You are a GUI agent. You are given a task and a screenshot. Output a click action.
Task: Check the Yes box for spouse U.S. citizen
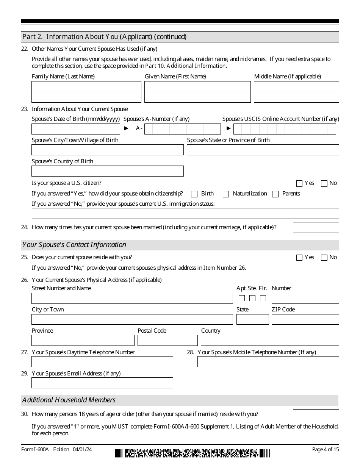tap(299, 183)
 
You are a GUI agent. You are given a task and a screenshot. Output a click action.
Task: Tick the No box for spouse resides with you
tap(324, 258)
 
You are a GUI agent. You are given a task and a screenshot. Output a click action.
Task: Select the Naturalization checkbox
tap(226, 194)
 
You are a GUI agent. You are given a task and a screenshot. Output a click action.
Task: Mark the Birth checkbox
tap(194, 194)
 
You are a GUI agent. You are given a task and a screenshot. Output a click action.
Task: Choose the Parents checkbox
tap(275, 194)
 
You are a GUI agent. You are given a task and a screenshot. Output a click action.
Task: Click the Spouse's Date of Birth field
tap(76, 129)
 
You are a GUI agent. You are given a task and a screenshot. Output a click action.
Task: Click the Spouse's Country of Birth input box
tap(108, 171)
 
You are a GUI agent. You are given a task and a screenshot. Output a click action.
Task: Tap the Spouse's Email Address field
tap(102, 383)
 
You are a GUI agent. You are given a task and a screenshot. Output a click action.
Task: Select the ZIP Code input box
tap(305, 319)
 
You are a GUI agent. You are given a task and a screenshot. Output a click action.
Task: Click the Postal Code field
tap(167, 341)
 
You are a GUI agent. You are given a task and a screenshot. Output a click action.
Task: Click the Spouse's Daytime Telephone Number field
tap(102, 362)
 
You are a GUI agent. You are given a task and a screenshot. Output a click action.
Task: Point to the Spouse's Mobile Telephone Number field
tap(268, 362)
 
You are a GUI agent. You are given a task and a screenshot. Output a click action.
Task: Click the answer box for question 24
tap(316, 227)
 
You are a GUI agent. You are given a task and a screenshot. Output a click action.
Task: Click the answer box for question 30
tap(316, 414)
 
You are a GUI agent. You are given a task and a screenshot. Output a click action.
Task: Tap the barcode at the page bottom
tap(193, 453)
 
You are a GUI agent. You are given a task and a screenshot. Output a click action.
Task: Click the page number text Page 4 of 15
tap(325, 449)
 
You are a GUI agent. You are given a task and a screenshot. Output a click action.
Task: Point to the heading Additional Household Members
tap(69, 400)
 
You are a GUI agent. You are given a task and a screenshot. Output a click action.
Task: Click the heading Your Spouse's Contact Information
tap(74, 245)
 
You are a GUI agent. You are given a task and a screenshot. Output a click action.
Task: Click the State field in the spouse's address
tap(252, 319)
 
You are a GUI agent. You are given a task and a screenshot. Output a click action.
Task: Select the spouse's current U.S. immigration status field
tap(185, 214)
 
